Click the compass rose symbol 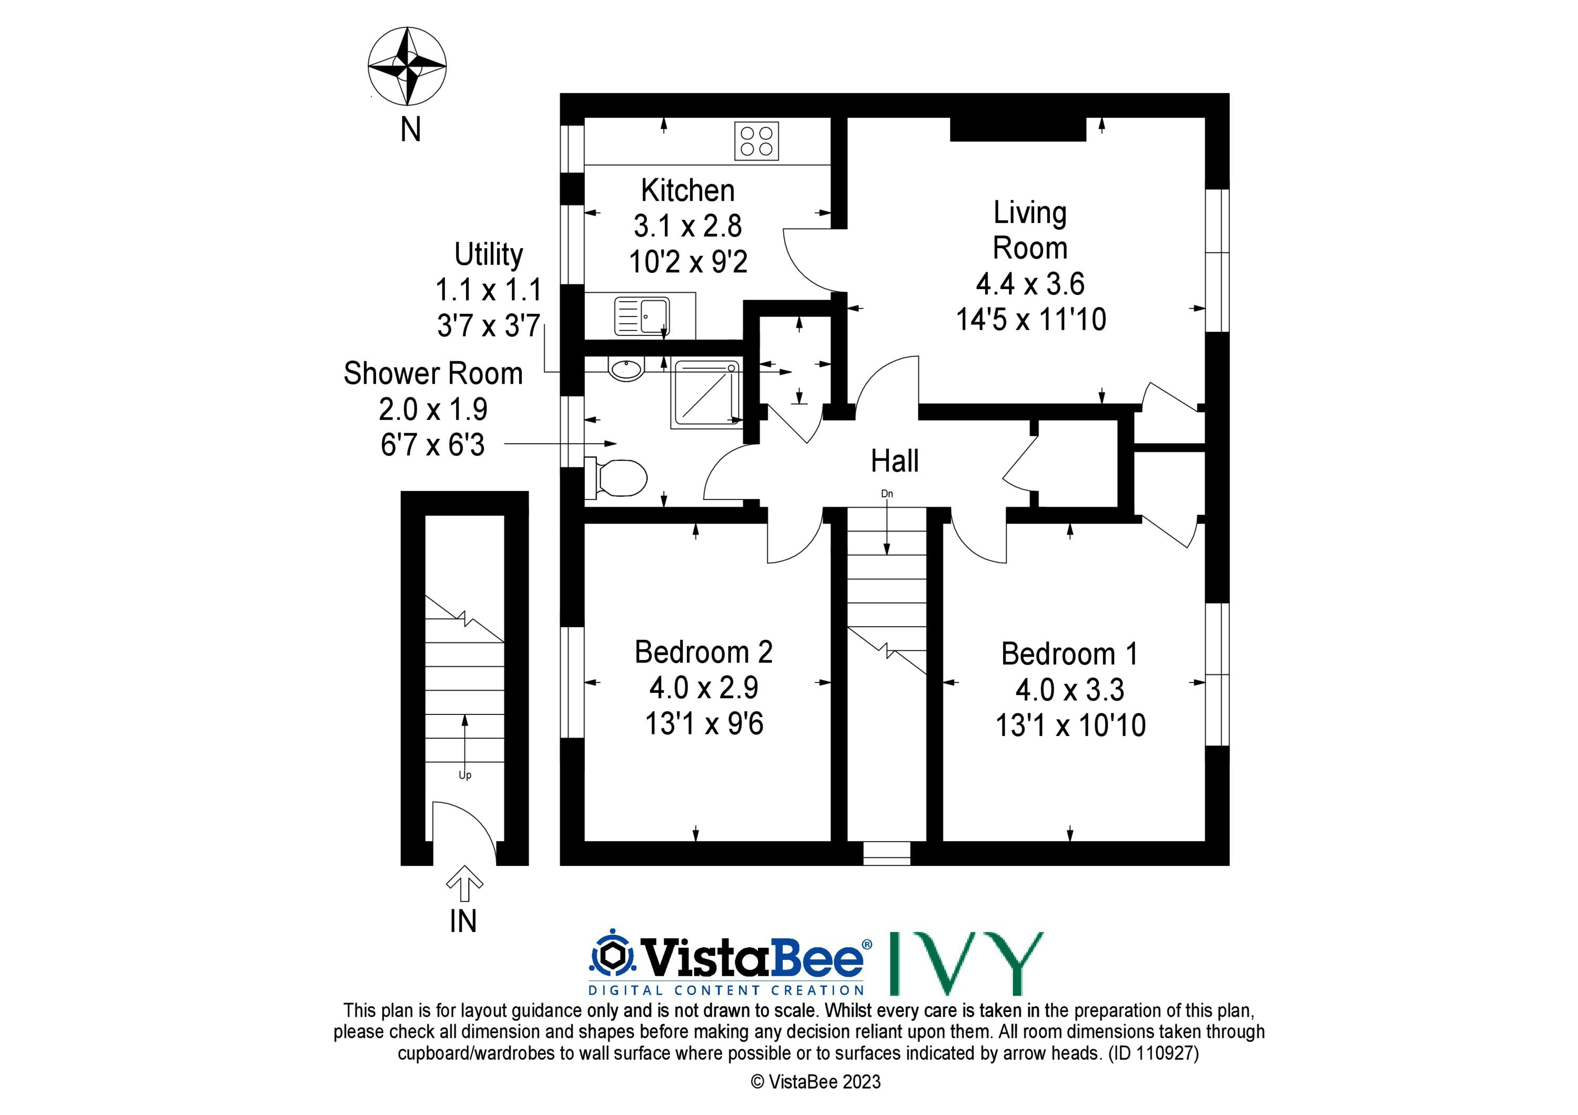(x=408, y=67)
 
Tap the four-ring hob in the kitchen (x=757, y=141)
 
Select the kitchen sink (x=641, y=315)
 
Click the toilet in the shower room (x=616, y=477)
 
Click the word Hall (x=894, y=461)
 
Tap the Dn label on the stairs (x=887, y=493)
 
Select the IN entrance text (x=463, y=921)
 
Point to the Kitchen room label (x=688, y=190)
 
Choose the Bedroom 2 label (x=704, y=652)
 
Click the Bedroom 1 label (x=1069, y=653)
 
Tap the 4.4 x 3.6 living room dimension (x=1030, y=284)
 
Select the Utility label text (x=489, y=255)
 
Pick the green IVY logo (x=966, y=963)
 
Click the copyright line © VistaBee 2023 (x=816, y=1081)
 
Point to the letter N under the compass (x=410, y=129)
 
